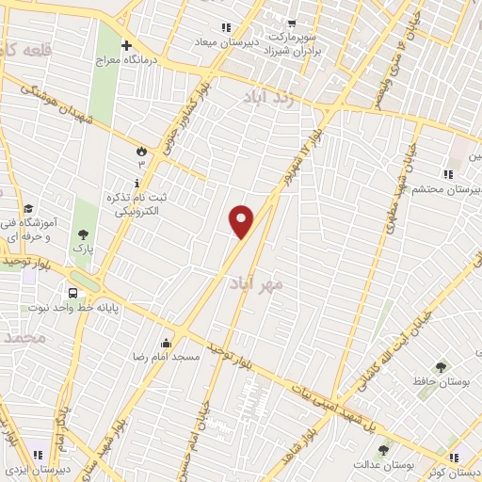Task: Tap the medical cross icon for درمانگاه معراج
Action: (127, 45)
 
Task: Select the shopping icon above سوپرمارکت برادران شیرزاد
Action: (293, 24)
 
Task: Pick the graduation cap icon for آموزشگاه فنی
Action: (29, 208)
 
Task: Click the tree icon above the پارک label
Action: (84, 233)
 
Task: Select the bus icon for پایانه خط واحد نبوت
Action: (72, 292)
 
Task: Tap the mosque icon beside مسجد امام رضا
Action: (167, 343)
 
